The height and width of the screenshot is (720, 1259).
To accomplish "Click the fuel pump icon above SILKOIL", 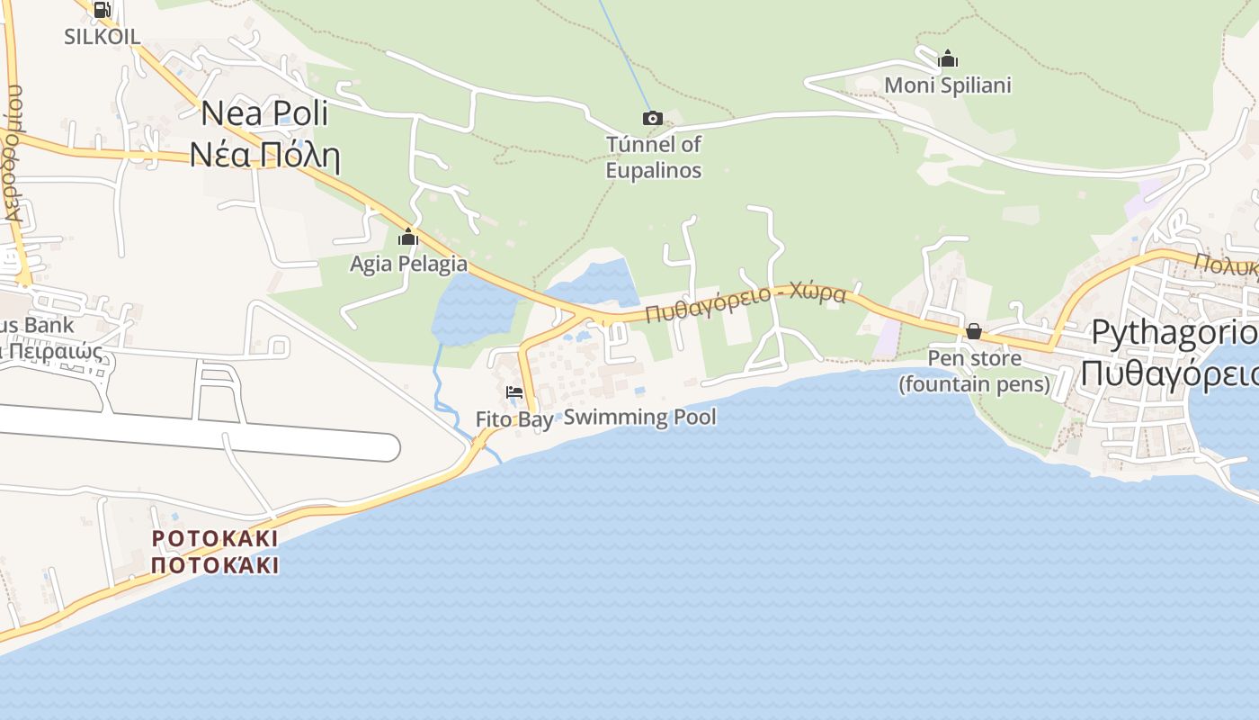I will pyautogui.click(x=102, y=11).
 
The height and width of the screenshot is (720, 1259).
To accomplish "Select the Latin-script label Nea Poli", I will pyautogui.click(x=264, y=113).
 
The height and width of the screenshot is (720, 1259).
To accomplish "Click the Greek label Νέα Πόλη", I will pyautogui.click(x=264, y=155).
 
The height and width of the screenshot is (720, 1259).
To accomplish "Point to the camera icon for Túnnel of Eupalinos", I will pyautogui.click(x=653, y=118).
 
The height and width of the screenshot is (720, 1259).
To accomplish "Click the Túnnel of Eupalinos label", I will pyautogui.click(x=654, y=157).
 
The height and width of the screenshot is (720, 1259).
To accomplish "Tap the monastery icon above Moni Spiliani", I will pyautogui.click(x=948, y=59).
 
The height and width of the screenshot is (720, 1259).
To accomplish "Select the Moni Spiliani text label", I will pyautogui.click(x=948, y=85).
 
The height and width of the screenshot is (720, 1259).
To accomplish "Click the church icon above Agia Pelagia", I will pyautogui.click(x=408, y=238).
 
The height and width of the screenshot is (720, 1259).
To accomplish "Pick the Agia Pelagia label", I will pyautogui.click(x=408, y=264).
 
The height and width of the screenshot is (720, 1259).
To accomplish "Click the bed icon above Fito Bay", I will pyautogui.click(x=514, y=392).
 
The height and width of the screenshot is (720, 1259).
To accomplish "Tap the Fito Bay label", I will pyautogui.click(x=514, y=419).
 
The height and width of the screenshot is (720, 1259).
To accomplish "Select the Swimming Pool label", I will pyautogui.click(x=640, y=417).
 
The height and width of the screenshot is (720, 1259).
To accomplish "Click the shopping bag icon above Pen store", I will pyautogui.click(x=973, y=331).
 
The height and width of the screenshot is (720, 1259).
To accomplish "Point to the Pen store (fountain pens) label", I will pyautogui.click(x=975, y=372).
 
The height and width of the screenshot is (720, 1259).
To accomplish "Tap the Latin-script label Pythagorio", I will pyautogui.click(x=1174, y=332).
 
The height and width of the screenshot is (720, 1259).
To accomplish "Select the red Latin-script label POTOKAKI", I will pyautogui.click(x=215, y=538).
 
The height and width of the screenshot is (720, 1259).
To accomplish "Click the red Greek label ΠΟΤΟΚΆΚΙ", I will pyautogui.click(x=215, y=565).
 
